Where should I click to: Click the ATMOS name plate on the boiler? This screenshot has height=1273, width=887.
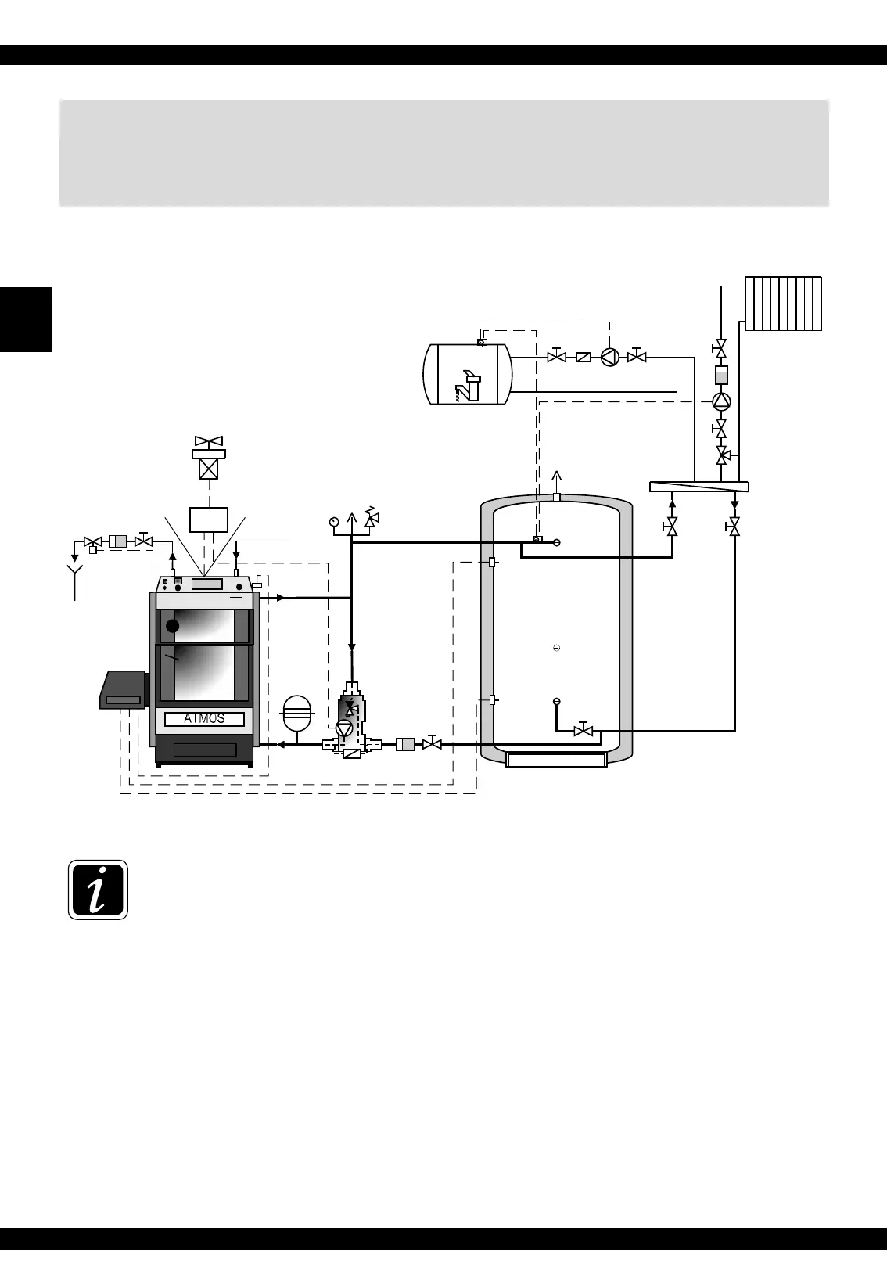point(204,719)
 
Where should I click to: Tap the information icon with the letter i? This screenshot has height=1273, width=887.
point(98,890)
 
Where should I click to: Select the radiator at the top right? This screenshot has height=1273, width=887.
point(783,304)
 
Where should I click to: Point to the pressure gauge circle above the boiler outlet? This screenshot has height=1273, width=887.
point(335,520)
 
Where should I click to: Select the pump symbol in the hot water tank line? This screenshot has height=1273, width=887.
point(610,357)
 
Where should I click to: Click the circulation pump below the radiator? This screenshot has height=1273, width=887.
point(721,401)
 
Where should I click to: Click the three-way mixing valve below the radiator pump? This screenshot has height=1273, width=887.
point(723,455)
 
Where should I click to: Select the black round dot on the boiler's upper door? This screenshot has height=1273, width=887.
point(173,626)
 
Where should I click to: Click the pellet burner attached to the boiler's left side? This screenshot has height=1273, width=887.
point(124,690)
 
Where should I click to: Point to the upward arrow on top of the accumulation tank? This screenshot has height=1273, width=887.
point(556,479)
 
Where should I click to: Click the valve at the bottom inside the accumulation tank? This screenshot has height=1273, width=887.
point(583,731)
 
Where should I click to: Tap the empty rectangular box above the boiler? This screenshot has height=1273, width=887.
point(209,520)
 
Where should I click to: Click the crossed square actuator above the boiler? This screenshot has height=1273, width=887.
point(209,469)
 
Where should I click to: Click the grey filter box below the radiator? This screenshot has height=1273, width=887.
point(721,376)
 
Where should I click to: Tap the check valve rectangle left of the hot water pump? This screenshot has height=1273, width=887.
point(583,357)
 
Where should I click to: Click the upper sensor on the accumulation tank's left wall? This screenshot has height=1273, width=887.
point(492,562)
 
